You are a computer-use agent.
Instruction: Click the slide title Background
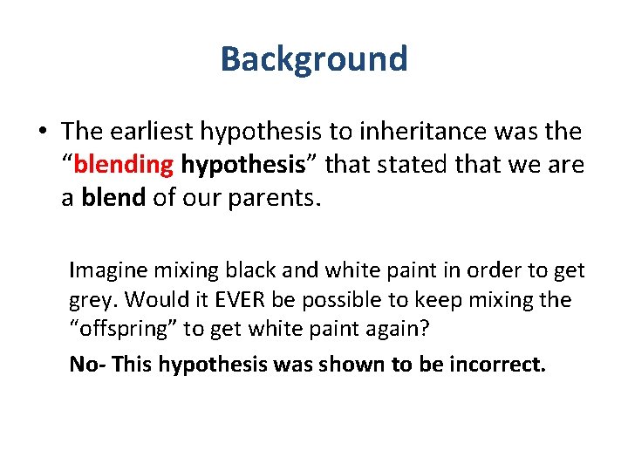pos(314,59)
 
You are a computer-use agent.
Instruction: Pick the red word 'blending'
pos(123,165)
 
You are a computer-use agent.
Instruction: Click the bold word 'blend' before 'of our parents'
pos(113,198)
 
